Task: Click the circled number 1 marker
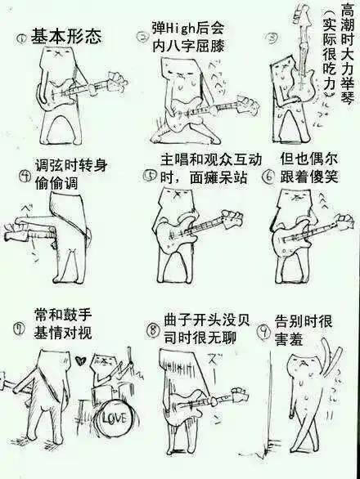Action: pyautogui.click(x=21, y=38)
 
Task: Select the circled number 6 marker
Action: pyautogui.click(x=267, y=175)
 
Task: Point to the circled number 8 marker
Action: pyautogui.click(x=152, y=330)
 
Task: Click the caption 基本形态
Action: pyautogui.click(x=66, y=36)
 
